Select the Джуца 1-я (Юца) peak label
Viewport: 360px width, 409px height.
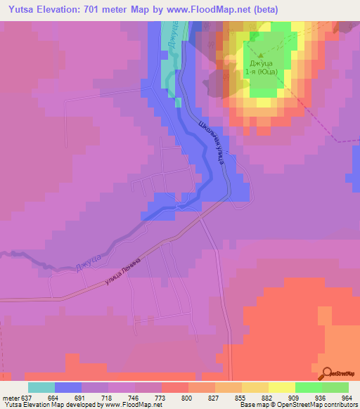pyautogui.click(x=262, y=66)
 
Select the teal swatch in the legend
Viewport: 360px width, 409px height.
pyautogui.click(x=41, y=387)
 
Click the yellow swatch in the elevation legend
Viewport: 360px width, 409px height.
pyautogui.click(x=281, y=387)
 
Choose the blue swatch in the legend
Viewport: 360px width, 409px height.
pyautogui.click(x=67, y=387)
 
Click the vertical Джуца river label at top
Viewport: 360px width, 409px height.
pyautogui.click(x=172, y=39)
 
